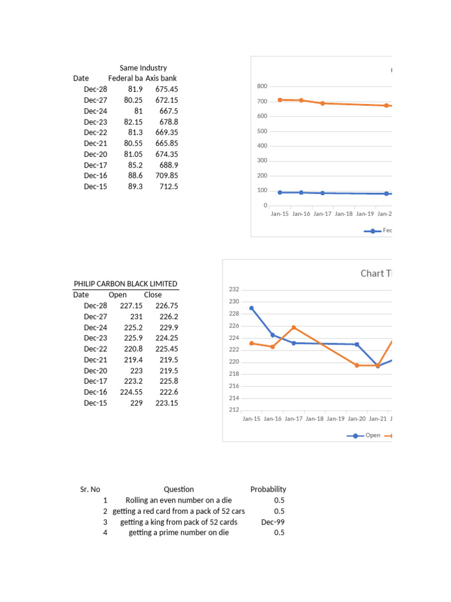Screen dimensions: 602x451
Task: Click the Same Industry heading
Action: pos(143,68)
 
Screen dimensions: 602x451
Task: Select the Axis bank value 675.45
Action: pos(167,89)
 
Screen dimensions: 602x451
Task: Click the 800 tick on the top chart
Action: pos(262,86)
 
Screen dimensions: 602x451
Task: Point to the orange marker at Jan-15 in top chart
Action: pos(280,100)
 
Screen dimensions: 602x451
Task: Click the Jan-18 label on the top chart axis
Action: pos(344,214)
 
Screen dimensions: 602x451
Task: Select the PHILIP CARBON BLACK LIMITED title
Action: pos(125,284)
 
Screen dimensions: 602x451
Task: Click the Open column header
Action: pos(117,295)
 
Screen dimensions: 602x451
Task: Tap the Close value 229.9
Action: pos(167,327)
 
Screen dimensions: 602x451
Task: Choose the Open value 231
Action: pos(136,316)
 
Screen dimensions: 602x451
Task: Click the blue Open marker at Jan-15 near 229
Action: pos(251,308)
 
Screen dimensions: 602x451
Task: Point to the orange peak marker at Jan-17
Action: pos(294,327)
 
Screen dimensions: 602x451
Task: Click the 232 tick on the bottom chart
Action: pos(234,289)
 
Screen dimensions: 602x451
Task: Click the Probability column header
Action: pos(268,489)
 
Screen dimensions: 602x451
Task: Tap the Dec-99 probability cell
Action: pos(272,521)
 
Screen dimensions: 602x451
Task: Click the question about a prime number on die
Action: pos(179,532)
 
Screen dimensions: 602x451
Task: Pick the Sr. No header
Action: pos(90,489)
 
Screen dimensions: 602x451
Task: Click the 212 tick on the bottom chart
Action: pos(234,410)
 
